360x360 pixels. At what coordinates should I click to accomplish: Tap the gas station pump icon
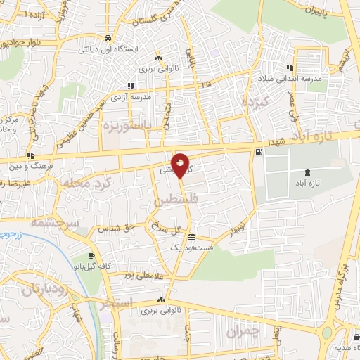[x=260, y=152]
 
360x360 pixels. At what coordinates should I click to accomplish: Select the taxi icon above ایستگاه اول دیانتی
[x=107, y=38]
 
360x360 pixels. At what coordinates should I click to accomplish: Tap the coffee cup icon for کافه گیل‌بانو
[x=91, y=255]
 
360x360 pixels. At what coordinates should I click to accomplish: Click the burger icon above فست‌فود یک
[x=192, y=236]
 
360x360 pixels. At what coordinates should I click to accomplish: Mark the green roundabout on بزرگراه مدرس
[x=327, y=332]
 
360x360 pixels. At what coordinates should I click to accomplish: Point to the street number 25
[x=205, y=84]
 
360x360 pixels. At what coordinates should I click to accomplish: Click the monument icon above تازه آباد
[x=307, y=172]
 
